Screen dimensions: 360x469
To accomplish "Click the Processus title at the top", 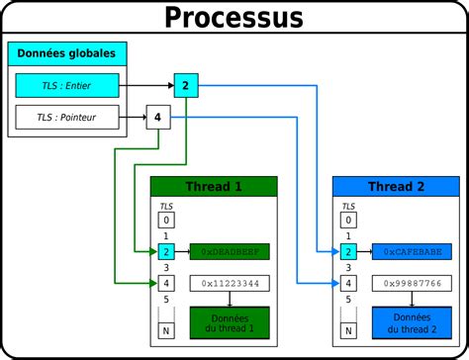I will pos(234,17).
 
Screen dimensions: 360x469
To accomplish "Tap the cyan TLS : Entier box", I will pos(66,86).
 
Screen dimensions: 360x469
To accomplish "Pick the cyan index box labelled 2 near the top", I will pos(185,86).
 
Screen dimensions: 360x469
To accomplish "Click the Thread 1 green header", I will pos(214,187).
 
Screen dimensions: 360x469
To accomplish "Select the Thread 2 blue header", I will pos(396,187).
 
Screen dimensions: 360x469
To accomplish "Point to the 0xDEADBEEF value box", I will pos(229,252).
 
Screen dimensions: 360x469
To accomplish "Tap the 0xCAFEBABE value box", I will pos(413,252).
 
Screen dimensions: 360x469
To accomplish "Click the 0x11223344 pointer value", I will pos(229,284).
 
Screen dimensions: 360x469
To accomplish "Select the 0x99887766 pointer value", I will pos(413,284).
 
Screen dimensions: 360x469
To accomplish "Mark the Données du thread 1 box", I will pos(229,322).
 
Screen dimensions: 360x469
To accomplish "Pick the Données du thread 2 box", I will pos(413,322).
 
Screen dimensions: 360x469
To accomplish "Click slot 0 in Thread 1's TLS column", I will pos(167,221).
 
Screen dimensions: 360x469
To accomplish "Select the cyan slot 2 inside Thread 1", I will pos(167,252).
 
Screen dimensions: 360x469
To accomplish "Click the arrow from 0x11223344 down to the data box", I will pos(229,299).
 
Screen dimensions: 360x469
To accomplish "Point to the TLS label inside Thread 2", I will pos(348,206).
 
